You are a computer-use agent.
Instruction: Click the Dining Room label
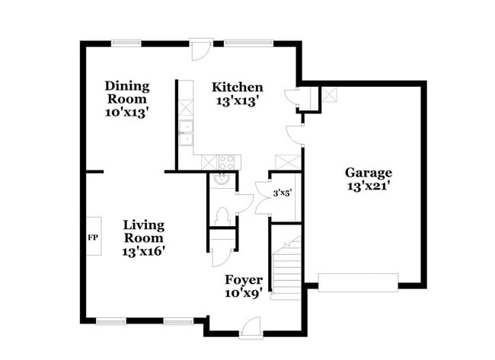click(127, 92)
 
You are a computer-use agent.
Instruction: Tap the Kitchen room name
click(238, 87)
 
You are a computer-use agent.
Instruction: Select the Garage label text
click(368, 172)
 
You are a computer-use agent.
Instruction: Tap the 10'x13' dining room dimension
click(127, 111)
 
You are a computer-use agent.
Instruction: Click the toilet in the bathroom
click(222, 215)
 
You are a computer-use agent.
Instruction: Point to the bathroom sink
click(222, 180)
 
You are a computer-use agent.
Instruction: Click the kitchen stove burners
click(227, 161)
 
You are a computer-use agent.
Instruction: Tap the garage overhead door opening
click(358, 282)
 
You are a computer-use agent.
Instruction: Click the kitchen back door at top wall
click(200, 49)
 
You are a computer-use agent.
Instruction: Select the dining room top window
click(126, 43)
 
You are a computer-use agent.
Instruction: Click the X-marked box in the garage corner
click(331, 94)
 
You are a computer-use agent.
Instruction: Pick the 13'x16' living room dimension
click(143, 250)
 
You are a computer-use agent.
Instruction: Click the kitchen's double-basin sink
click(185, 131)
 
